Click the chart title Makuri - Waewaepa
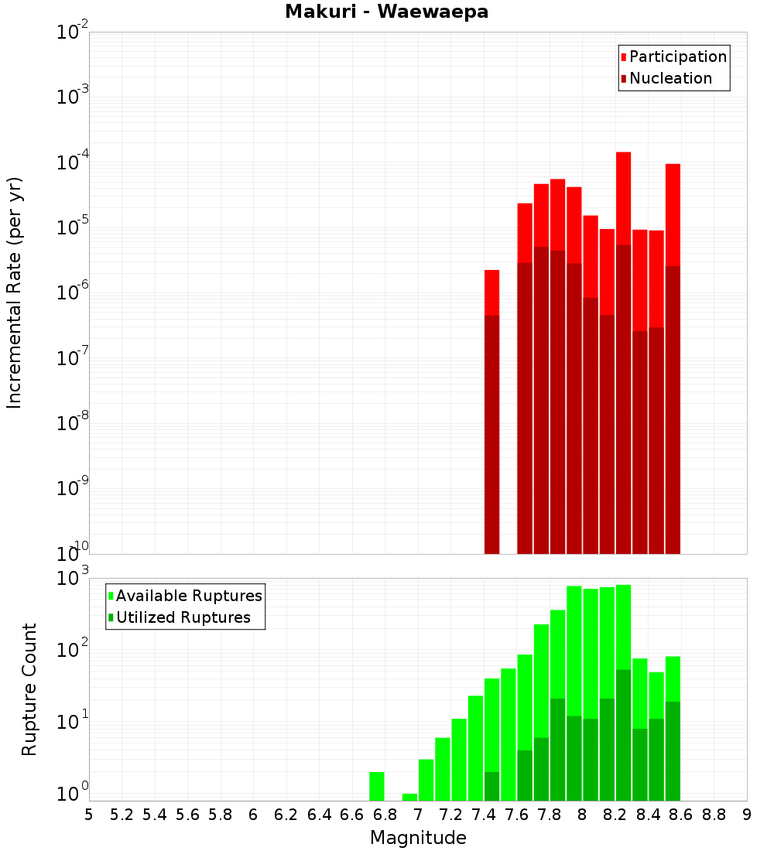(386, 12)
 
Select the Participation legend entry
(677, 56)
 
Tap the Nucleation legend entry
(670, 78)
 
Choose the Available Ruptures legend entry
(188, 596)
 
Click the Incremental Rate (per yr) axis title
(15, 292)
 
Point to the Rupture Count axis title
(29, 689)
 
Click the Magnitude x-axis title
(418, 838)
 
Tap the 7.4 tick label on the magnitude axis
(484, 815)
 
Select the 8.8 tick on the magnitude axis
(714, 815)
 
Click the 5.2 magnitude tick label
(122, 815)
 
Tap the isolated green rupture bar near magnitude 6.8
(377, 786)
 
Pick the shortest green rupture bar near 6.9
(409, 797)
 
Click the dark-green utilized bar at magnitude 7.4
(491, 786)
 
